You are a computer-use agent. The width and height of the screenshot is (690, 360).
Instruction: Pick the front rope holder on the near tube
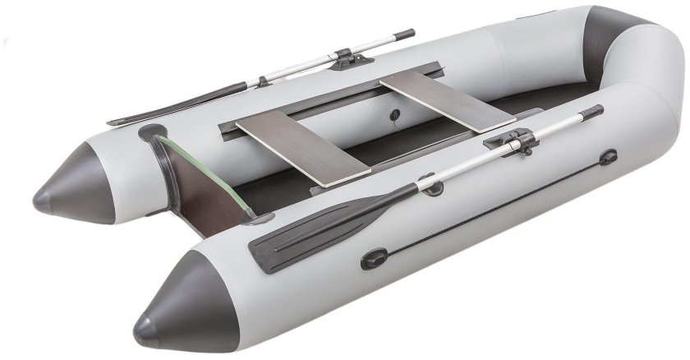608,156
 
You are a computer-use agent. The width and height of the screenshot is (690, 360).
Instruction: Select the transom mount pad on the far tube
152,131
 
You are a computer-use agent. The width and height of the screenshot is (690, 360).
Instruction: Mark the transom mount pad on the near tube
261,219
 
